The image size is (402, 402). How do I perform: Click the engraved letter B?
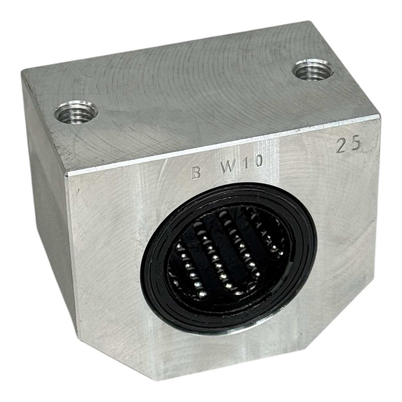(196, 173)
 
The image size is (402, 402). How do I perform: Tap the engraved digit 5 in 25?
(355, 145)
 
